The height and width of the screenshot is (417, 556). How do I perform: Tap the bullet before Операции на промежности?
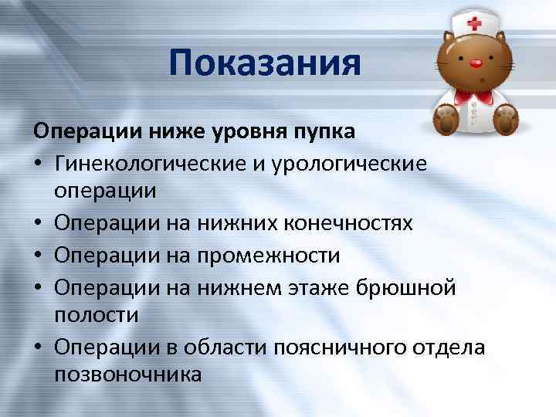pos(38,255)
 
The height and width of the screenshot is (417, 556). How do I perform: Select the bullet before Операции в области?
pos(38,347)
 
